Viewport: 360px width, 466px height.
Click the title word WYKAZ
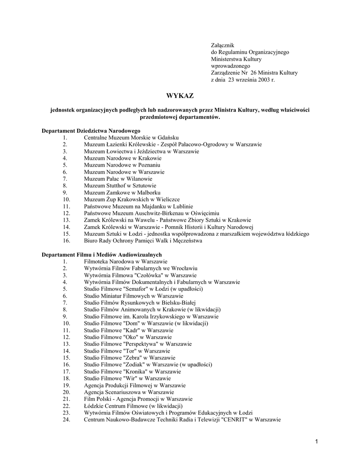[180, 96]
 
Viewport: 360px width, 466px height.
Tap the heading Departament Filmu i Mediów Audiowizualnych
[101, 254]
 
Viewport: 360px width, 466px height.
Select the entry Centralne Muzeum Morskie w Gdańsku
[132, 137]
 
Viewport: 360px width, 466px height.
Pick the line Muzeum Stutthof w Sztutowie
[120, 186]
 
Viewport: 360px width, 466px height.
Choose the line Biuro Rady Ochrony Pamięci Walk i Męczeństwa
[143, 241]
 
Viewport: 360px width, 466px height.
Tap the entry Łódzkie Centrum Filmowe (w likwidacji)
[133, 406]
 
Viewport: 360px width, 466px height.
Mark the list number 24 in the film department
[66, 420]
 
